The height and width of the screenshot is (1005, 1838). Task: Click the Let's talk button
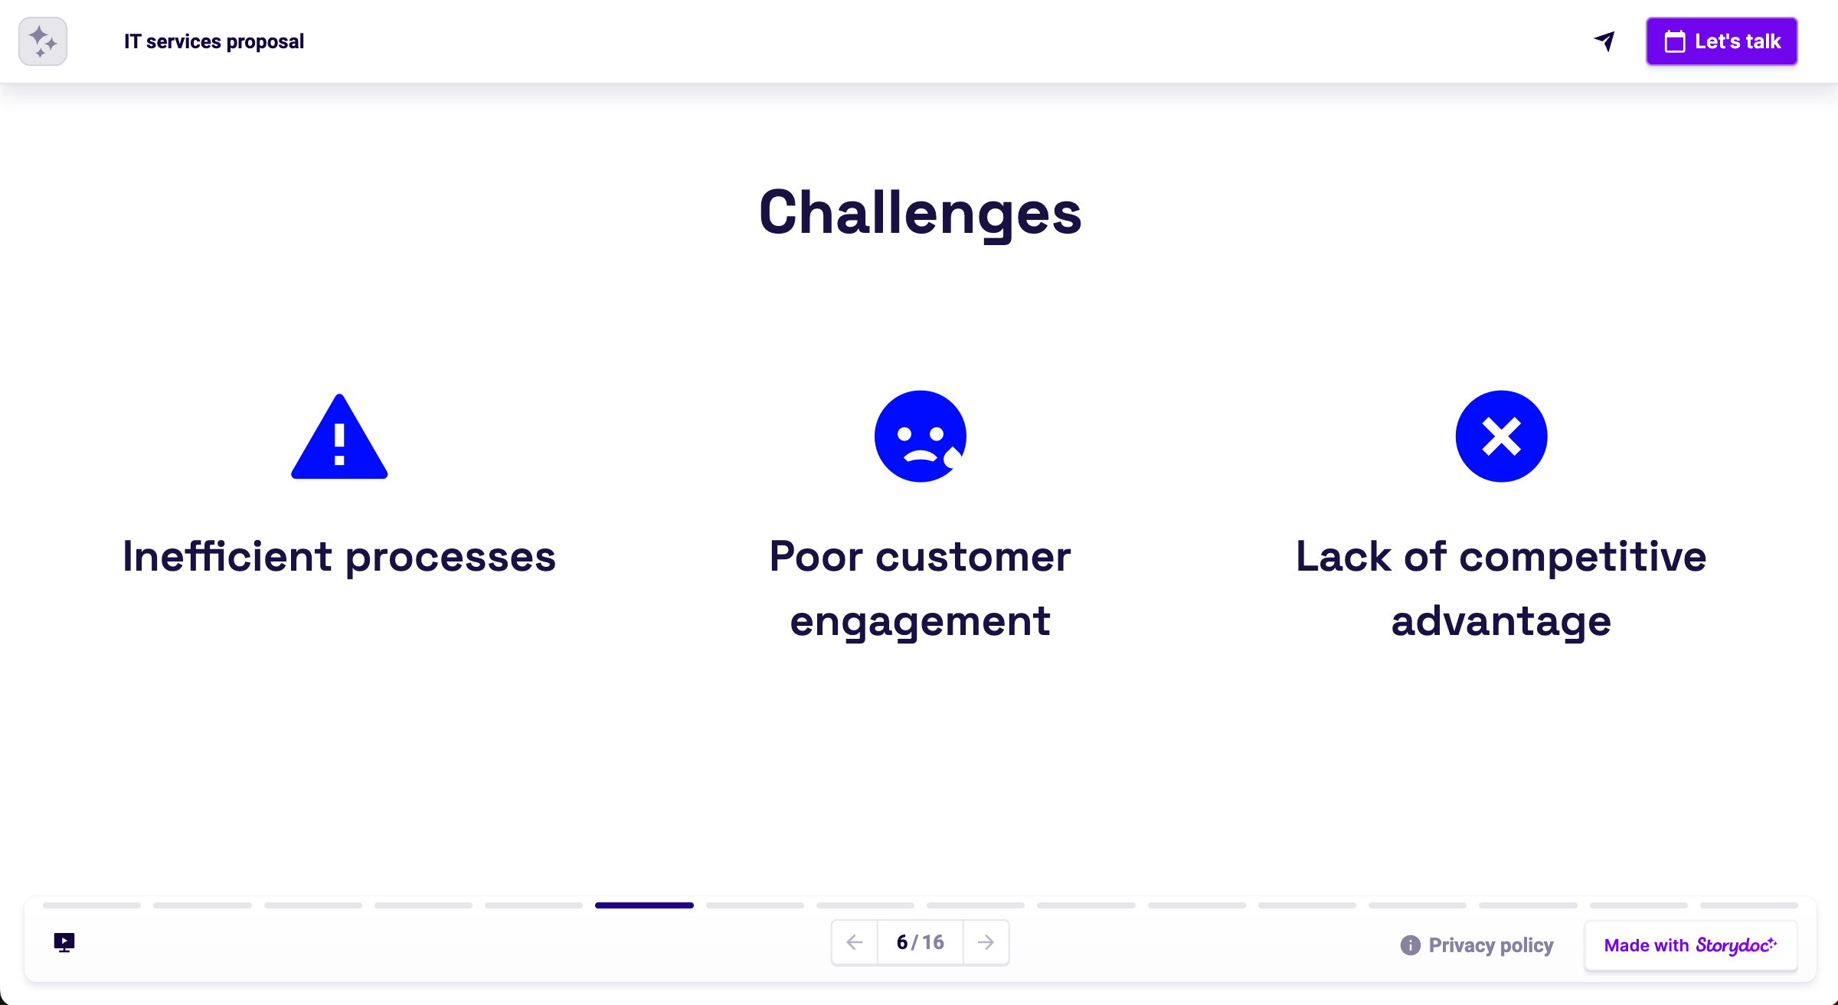pos(1722,41)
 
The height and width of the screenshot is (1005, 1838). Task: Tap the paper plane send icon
pos(1604,41)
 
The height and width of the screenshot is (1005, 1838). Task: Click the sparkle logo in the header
pos(43,41)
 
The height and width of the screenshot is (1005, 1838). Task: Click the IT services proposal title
pos(214,41)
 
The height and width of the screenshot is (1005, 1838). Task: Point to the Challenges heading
pos(920,213)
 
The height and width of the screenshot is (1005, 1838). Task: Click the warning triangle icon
pos(339,438)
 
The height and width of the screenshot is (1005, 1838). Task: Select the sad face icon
pos(920,437)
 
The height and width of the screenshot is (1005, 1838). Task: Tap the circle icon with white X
pos(1501,437)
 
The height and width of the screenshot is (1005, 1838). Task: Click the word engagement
pos(920,621)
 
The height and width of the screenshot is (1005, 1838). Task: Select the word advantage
pos(1501,621)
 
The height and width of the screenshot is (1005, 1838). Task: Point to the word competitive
pos(1582,557)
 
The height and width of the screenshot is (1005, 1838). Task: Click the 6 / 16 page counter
pos(920,942)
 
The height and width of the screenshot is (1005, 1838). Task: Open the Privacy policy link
pos(1490,945)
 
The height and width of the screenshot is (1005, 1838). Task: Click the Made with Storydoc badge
pos(1690,945)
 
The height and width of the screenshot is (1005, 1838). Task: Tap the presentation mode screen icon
pos(64,942)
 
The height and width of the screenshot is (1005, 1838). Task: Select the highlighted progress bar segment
pos(644,905)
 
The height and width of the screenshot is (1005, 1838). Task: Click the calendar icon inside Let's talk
pos(1675,41)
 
